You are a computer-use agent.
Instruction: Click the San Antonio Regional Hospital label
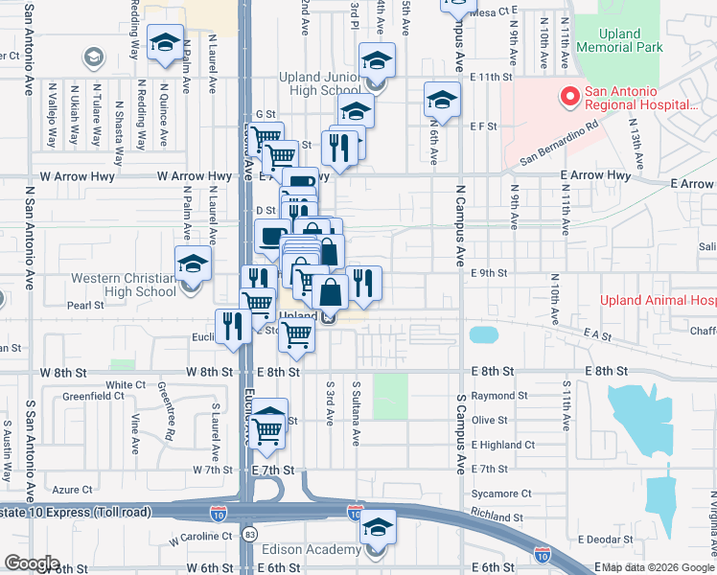click(640, 97)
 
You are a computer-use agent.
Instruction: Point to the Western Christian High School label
click(124, 286)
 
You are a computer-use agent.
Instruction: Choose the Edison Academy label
click(312, 550)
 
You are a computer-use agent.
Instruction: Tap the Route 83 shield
click(251, 531)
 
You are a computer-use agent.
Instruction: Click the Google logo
click(32, 563)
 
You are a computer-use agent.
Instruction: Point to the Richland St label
click(497, 517)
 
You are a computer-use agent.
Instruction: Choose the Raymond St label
click(499, 395)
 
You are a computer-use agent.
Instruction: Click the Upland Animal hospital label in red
click(658, 300)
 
